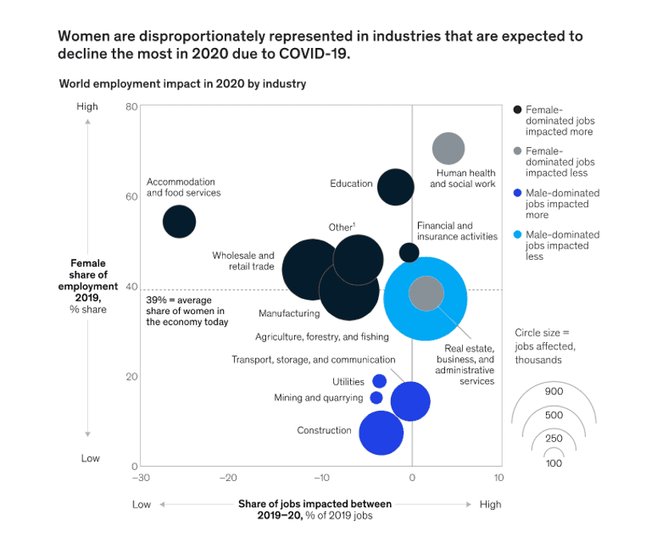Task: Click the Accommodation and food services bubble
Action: [x=179, y=221]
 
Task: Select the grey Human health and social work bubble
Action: [x=448, y=149]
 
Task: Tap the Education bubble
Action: [x=395, y=188]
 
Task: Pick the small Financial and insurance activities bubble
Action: [x=408, y=253]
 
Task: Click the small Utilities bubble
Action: [x=380, y=381]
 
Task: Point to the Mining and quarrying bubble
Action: [x=376, y=397]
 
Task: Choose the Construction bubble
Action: [x=381, y=432]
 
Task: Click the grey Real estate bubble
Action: [x=426, y=293]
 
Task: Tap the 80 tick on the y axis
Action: [x=133, y=106]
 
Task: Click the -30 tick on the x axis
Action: [x=140, y=477]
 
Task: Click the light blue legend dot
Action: [x=518, y=235]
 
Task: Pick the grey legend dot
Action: [x=518, y=151]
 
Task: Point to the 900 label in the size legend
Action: [x=553, y=392]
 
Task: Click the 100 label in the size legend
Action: [x=553, y=463]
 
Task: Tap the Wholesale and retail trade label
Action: [x=243, y=261]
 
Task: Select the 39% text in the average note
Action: [x=157, y=300]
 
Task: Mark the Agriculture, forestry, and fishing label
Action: [x=322, y=336]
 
